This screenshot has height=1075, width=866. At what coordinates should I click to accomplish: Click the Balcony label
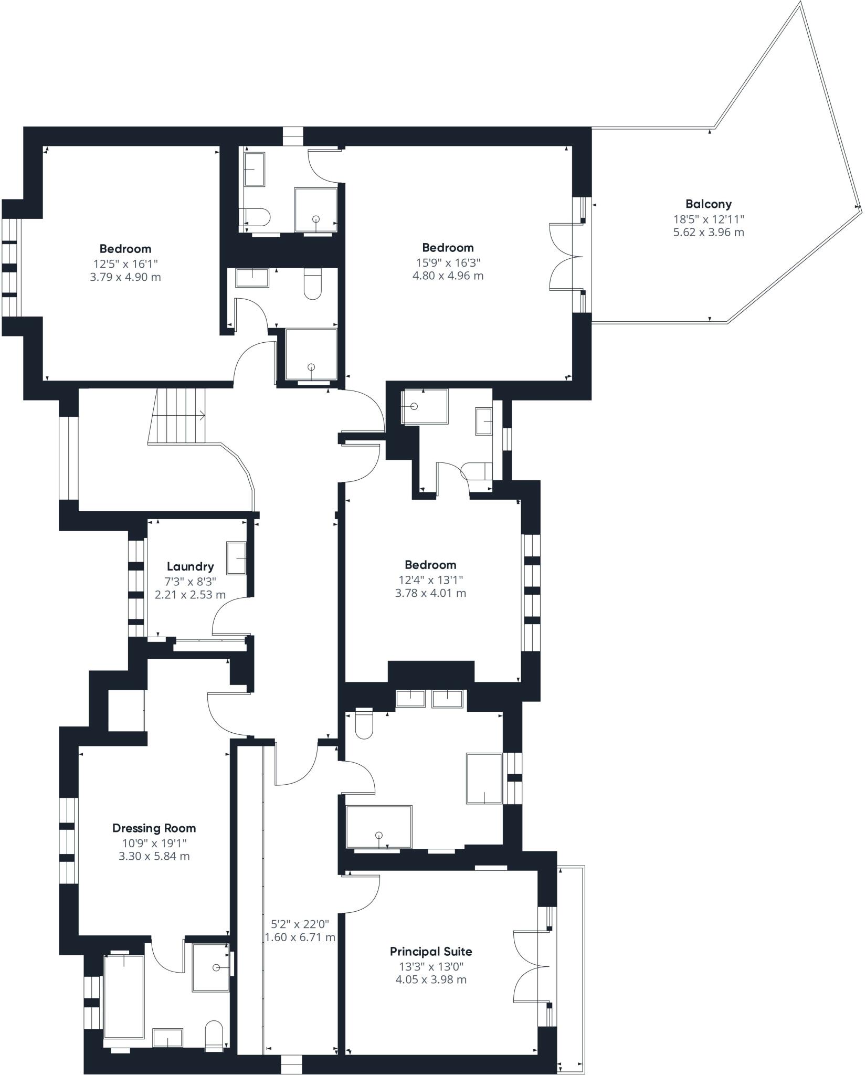[x=708, y=204]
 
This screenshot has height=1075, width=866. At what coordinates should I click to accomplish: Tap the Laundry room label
[x=190, y=566]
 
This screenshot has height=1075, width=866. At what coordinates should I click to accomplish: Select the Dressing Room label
[x=154, y=828]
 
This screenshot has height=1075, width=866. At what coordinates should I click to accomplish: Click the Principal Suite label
[x=430, y=951]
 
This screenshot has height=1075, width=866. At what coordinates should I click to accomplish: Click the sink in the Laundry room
[x=236, y=558]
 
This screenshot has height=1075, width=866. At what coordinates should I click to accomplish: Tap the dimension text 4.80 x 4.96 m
[x=448, y=276]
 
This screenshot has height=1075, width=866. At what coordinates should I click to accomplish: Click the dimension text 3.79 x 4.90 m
[x=125, y=277]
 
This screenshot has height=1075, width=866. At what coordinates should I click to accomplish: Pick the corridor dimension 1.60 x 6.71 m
[x=300, y=937]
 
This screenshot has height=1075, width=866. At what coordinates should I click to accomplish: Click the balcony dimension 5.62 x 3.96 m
[x=708, y=232]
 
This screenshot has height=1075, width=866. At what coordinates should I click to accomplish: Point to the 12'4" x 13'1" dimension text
[x=430, y=579]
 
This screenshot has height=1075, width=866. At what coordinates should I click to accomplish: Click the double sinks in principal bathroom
[x=429, y=699]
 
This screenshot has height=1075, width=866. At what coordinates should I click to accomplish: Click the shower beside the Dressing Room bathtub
[x=210, y=967]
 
